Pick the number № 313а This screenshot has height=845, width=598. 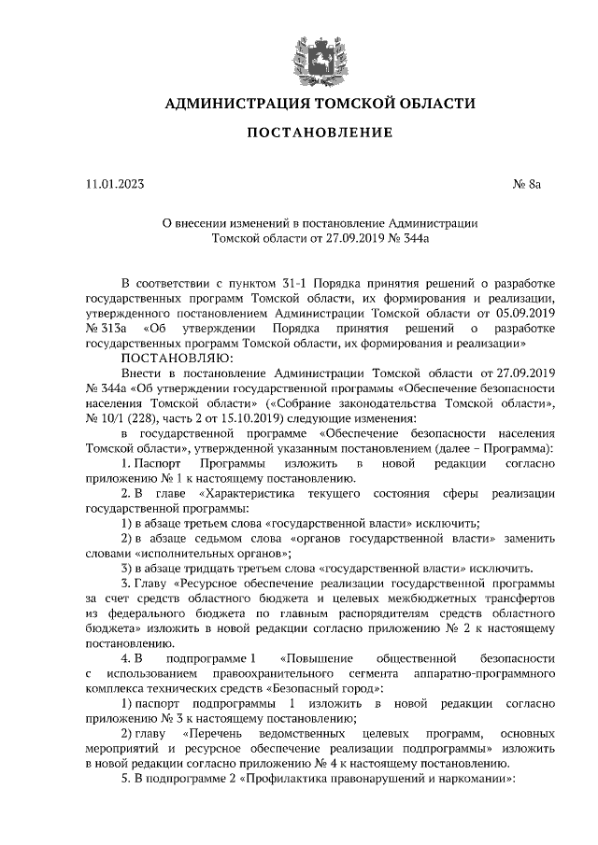[106, 330]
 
